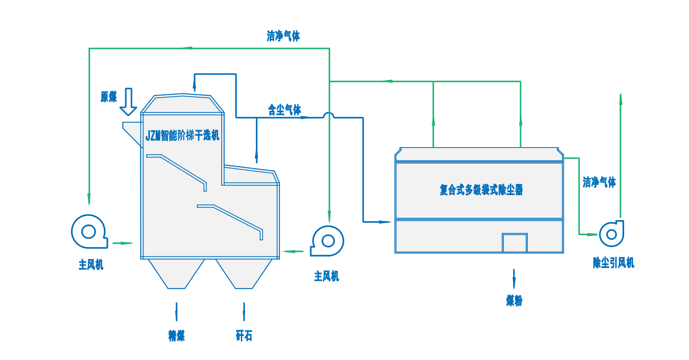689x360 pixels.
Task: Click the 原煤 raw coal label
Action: (x=109, y=97)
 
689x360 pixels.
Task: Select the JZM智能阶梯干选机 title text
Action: (x=183, y=135)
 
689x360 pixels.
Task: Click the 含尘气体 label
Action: (x=284, y=110)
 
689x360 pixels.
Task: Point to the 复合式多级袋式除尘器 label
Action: (x=481, y=190)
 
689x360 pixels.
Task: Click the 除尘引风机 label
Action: (x=613, y=263)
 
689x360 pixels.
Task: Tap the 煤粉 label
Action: (x=514, y=301)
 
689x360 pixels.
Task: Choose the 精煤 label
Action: (x=176, y=336)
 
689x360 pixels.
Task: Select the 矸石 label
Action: (x=244, y=336)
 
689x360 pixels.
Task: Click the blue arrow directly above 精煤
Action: (x=176, y=312)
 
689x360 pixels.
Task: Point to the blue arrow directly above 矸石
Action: (x=244, y=312)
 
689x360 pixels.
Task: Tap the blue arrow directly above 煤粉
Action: (x=514, y=279)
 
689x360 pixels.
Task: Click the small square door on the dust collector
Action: (x=514, y=243)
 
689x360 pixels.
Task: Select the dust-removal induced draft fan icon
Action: (x=611, y=233)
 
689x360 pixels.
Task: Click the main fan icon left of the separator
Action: (x=89, y=232)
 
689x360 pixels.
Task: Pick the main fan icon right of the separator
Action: (x=328, y=241)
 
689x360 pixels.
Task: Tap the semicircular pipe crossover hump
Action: (x=329, y=115)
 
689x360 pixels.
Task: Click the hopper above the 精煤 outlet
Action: (x=176, y=273)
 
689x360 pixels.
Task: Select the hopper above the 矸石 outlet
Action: (x=244, y=273)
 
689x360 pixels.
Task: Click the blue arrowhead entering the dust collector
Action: (x=385, y=221)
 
